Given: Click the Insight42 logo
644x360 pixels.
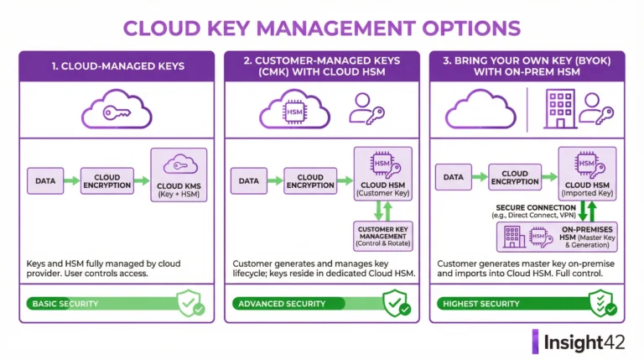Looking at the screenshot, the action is (579, 342).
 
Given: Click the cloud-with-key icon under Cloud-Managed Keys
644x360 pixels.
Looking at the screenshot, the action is (117, 109).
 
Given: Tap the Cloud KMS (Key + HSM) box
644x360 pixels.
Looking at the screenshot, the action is (179, 175).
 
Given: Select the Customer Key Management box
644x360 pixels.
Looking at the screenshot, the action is (382, 237).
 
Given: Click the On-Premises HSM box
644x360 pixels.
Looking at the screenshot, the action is (557, 237).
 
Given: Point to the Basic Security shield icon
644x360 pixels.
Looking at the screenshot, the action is (191, 303).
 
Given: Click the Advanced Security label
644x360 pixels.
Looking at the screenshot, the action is (282, 304).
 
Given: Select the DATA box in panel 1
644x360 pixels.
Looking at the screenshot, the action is (45, 180).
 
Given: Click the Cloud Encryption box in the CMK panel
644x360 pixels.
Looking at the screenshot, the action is (310, 180).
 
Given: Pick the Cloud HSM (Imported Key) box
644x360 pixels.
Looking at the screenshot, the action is (587, 174).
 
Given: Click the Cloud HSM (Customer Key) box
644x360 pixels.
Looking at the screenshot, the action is (382, 174).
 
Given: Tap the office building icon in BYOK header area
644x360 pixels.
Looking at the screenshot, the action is (560, 109).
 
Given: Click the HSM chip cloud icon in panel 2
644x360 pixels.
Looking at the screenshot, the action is (294, 109).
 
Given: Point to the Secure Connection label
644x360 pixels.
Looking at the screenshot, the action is (536, 211).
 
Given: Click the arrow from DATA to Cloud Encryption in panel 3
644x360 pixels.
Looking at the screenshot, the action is (480, 177).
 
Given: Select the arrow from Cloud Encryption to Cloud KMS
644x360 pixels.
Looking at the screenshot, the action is (142, 180).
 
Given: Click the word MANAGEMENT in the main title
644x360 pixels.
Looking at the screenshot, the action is (335, 29).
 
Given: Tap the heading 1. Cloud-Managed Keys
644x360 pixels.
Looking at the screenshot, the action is (118, 66).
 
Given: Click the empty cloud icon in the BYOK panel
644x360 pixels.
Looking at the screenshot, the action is (480, 109).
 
